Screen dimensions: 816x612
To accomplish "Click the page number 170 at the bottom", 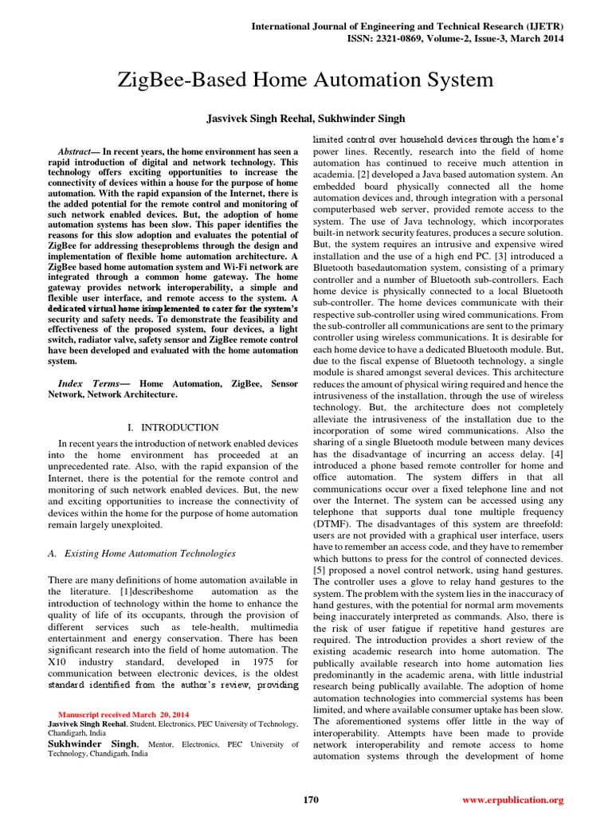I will coord(312,799).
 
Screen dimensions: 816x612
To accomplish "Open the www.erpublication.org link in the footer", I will coord(513,799).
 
